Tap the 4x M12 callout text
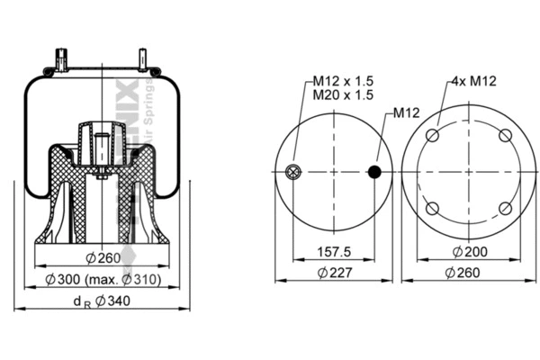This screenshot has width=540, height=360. [470, 82]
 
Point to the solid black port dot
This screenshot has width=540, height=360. [375, 171]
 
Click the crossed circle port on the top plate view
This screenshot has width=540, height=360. [292, 172]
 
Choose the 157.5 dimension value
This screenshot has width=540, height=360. [334, 251]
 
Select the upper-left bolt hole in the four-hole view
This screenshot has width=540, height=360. [432, 136]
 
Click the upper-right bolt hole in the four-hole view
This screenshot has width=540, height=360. [505, 136]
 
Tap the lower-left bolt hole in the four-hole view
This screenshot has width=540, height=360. [432, 209]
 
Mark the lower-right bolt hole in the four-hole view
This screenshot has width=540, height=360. [505, 209]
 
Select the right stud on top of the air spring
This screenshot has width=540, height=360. [142, 59]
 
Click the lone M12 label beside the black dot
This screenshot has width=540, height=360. [407, 114]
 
